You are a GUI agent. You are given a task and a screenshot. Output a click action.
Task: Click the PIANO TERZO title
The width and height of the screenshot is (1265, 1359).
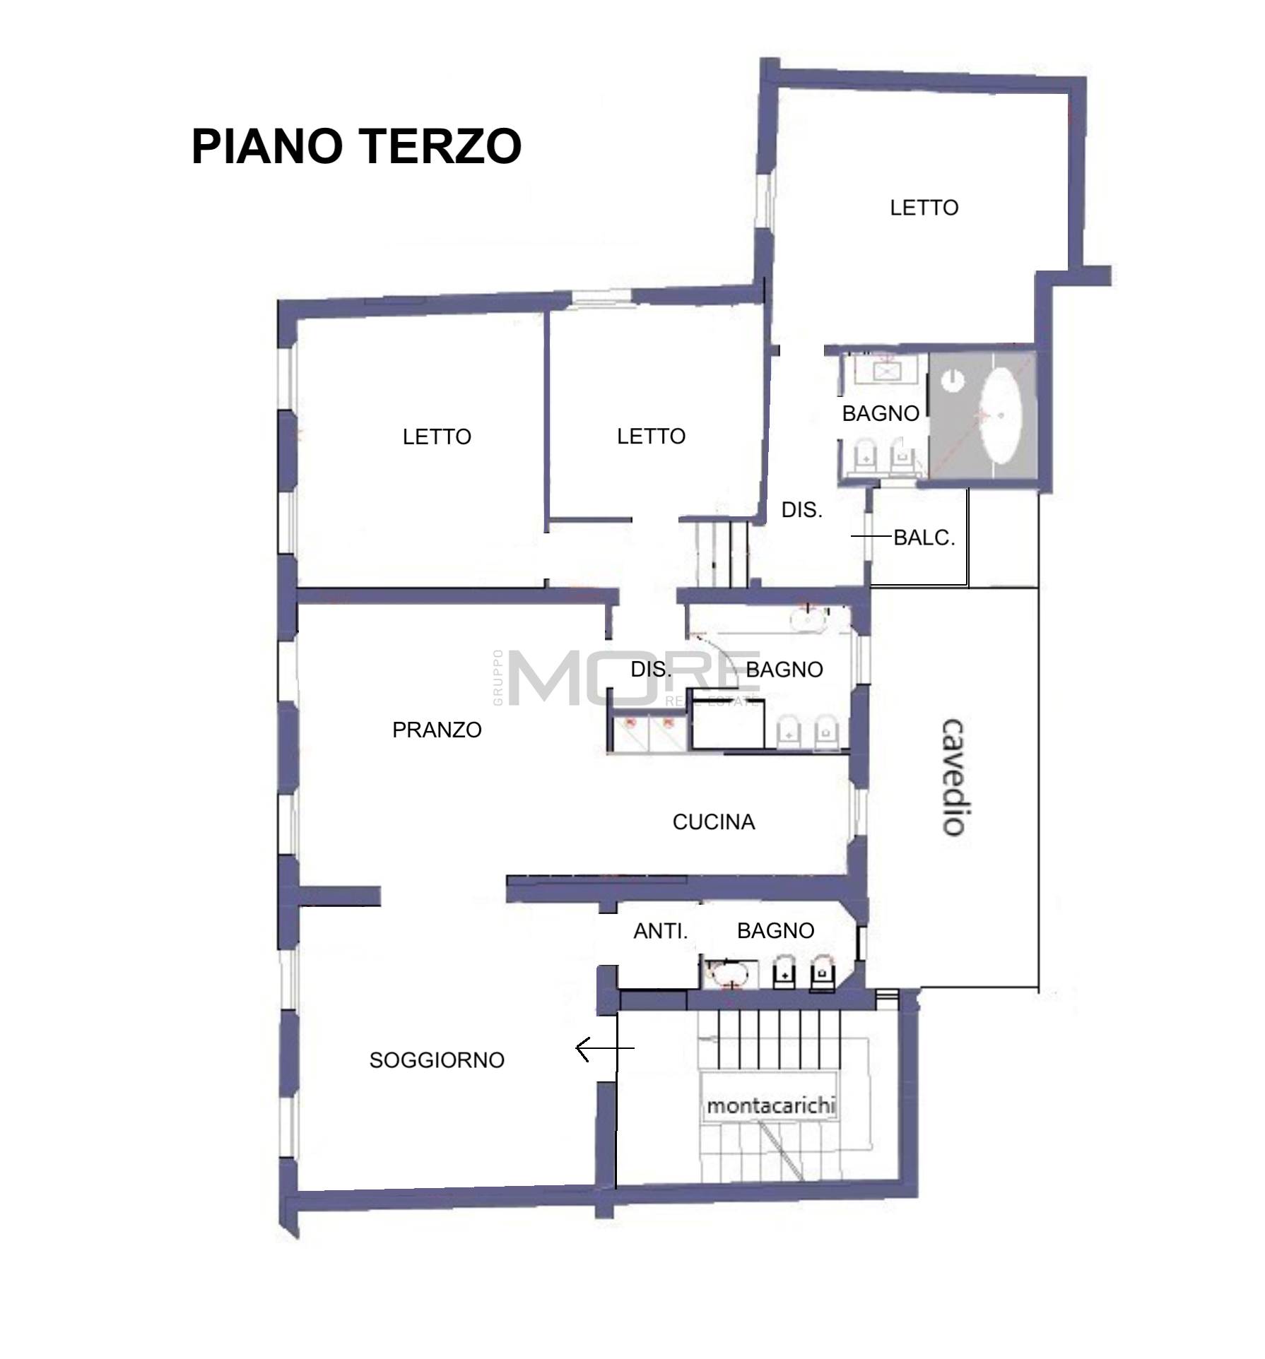tap(356, 146)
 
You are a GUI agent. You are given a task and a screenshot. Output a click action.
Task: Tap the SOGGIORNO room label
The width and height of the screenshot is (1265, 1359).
tap(437, 1060)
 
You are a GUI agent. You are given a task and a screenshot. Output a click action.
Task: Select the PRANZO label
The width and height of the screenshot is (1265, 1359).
tap(437, 730)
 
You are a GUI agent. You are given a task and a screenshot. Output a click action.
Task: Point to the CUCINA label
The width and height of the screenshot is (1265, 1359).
tap(714, 821)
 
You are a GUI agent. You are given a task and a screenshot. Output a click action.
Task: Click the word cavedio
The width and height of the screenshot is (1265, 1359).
tap(955, 778)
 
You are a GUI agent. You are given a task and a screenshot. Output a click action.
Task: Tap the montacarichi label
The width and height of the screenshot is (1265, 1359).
tap(771, 1105)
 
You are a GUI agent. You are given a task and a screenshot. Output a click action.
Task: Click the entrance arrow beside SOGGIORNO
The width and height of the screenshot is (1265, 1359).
tap(605, 1049)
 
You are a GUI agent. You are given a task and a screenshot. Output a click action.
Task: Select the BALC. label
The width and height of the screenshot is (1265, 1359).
tap(924, 538)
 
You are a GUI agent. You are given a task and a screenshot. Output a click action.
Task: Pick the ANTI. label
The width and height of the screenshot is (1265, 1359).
tap(661, 931)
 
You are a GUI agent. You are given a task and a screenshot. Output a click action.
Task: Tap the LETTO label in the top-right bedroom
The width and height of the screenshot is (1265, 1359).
tap(924, 208)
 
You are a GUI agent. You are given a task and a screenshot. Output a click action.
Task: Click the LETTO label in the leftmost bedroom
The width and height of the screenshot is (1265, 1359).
tap(437, 437)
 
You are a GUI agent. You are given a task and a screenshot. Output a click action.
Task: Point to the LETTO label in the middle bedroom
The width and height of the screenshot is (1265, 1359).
tap(651, 436)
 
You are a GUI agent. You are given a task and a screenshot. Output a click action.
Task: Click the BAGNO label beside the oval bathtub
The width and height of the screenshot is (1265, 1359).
tap(881, 413)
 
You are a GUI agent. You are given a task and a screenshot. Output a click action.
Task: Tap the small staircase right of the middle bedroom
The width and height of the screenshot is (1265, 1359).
tap(721, 554)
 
